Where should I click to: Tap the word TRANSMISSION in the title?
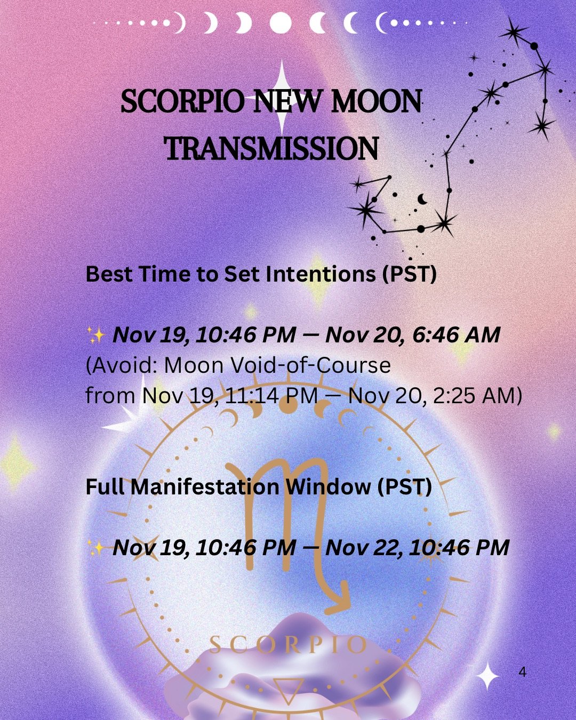pos(272,149)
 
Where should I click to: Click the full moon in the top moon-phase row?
pos(281,23)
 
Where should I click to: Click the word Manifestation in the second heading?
pos(204,486)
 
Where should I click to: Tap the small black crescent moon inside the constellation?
pos(422,199)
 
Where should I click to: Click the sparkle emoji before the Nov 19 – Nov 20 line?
pos(96,335)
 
